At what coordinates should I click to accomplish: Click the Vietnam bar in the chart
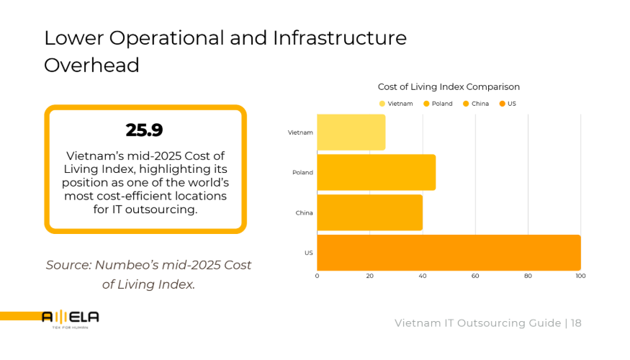[351, 132]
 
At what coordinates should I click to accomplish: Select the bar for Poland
[376, 173]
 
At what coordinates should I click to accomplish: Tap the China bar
[369, 213]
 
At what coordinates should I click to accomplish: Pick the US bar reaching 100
[449, 253]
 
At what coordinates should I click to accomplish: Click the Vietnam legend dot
[382, 104]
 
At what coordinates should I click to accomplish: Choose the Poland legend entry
[438, 104]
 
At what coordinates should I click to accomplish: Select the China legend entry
[476, 104]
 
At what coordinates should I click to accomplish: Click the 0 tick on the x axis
[317, 276]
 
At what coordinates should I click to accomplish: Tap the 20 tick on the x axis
[369, 276]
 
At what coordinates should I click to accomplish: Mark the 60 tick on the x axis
[475, 276]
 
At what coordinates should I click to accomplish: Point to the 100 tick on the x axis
[580, 276]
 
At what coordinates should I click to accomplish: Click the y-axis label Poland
[302, 173]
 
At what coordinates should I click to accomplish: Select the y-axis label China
[304, 213]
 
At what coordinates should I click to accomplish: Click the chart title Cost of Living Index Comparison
[449, 87]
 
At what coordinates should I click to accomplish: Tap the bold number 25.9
[144, 130]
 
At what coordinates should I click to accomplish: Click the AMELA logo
[71, 318]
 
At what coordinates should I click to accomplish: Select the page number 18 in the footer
[576, 323]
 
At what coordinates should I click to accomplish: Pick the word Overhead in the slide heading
[91, 65]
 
